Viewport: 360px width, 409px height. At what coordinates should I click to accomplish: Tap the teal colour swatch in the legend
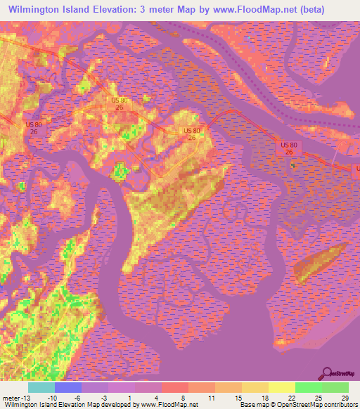(x=41, y=387)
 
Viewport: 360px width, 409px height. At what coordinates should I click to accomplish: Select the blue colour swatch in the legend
(x=68, y=387)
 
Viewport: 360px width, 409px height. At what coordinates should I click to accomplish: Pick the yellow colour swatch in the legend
(x=281, y=387)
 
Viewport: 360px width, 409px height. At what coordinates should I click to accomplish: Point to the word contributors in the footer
(x=340, y=404)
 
